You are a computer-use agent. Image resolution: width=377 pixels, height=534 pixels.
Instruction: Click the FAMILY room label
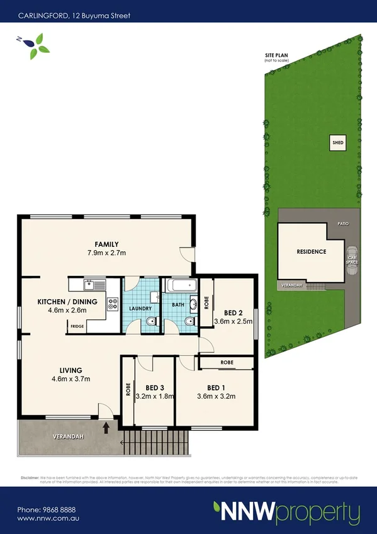107,244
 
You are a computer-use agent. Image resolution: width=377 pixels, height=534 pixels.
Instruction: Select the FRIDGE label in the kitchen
77,326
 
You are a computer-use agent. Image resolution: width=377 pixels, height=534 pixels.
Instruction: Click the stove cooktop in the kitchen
113,304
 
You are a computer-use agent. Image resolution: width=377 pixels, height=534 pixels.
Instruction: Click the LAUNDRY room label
140,309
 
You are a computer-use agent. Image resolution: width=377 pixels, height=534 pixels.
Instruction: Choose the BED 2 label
234,312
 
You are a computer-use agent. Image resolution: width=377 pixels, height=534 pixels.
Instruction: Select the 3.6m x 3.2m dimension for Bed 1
216,396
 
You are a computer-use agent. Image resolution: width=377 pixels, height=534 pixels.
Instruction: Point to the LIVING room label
72,370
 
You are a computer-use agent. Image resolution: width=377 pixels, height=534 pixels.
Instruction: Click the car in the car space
352,259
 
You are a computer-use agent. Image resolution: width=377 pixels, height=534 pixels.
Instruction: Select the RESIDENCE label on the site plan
312,252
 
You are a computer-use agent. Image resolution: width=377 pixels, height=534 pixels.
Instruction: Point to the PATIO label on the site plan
343,224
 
